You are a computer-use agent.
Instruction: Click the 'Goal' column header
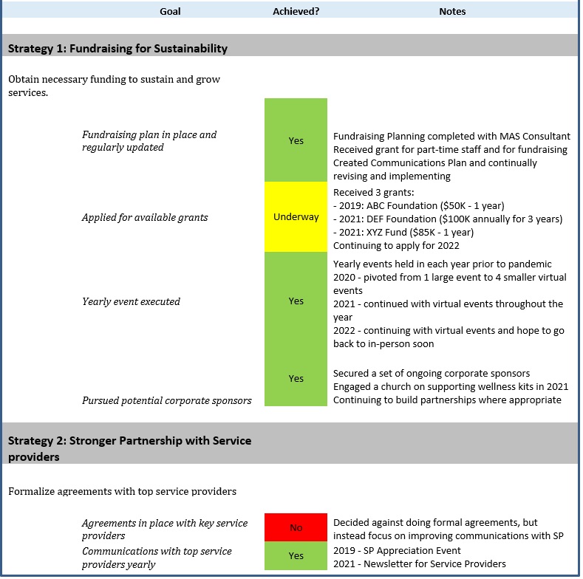170,11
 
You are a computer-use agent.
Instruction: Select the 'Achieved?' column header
296,11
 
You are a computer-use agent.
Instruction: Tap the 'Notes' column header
452,11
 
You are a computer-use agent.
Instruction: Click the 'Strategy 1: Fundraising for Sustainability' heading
117,49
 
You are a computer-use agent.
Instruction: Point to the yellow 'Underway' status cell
296,217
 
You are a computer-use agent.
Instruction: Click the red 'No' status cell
296,527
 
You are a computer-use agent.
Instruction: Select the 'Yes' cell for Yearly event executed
296,301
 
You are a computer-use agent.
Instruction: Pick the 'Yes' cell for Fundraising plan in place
296,140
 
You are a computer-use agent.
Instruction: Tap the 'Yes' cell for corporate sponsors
296,378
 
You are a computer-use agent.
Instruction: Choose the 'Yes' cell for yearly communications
296,556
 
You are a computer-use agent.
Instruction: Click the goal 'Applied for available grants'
145,218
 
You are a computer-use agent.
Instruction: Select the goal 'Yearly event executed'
131,301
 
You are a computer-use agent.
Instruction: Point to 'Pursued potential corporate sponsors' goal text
166,400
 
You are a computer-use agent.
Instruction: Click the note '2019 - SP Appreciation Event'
397,550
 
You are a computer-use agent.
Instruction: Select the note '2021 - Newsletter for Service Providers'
419,563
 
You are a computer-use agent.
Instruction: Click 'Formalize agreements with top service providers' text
122,491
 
